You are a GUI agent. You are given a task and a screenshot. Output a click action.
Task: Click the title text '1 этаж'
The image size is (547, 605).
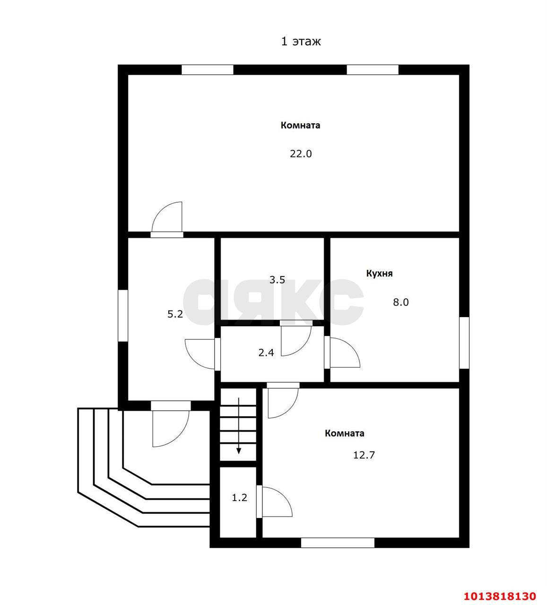[301, 41]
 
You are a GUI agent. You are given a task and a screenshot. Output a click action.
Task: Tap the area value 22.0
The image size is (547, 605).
[301, 154]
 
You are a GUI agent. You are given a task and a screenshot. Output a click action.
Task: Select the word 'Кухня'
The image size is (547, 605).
[379, 274]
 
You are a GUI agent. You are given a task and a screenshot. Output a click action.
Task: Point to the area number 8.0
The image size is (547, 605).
[400, 302]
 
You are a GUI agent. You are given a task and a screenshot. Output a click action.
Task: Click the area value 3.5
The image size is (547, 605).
[277, 280]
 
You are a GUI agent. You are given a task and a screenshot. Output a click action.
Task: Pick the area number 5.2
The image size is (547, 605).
[175, 314]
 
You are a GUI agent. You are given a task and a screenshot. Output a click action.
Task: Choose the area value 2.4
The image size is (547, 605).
[266, 353]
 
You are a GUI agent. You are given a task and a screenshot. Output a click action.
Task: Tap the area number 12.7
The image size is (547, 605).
[364, 455]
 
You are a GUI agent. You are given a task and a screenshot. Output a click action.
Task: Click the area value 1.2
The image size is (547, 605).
[239, 498]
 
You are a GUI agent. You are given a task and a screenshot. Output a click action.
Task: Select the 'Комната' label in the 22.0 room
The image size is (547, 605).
[300, 125]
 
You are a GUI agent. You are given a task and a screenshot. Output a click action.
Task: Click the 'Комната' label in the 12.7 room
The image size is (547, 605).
[344, 433]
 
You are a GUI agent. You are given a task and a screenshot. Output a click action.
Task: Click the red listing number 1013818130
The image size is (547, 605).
[500, 596]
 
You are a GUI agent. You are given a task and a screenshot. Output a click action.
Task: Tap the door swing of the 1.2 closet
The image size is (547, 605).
[284, 494]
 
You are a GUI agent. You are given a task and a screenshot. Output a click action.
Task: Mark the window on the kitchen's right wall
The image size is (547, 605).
[464, 343]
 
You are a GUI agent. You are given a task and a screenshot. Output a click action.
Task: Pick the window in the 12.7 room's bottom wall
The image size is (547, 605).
[338, 543]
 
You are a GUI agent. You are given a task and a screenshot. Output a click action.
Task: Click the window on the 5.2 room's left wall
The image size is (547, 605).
[123, 315]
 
